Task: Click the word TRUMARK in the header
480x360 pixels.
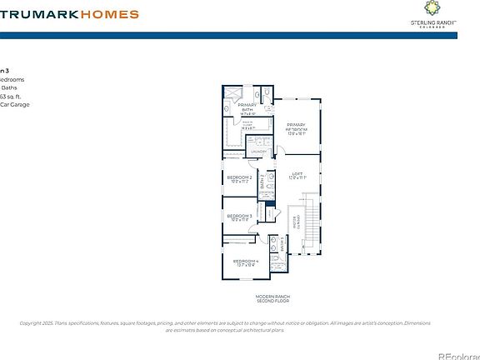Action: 39,14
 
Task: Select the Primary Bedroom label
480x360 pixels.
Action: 296,127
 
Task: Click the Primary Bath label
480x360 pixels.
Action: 247,107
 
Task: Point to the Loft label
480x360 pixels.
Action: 297,176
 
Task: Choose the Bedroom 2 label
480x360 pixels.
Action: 239,178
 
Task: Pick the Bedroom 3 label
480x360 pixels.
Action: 239,217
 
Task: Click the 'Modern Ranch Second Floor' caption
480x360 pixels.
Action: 272,299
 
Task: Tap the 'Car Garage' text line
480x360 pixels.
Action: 14,105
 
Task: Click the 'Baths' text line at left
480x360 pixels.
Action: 9,87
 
